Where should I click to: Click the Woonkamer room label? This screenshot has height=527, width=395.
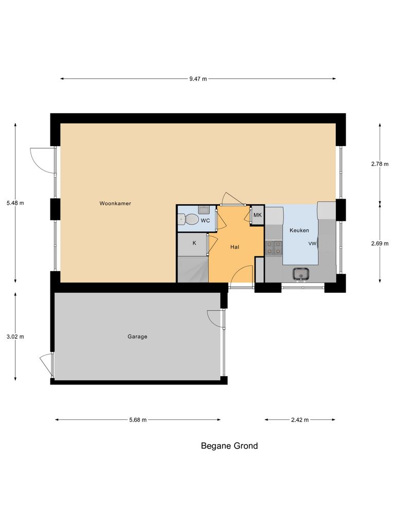pyautogui.click(x=115, y=203)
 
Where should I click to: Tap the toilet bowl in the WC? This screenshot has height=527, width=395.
pyautogui.click(x=189, y=220)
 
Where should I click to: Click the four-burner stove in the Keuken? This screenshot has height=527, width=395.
pyautogui.click(x=274, y=248)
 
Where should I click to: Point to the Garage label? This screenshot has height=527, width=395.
pyautogui.click(x=137, y=337)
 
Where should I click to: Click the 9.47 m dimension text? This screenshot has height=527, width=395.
pyautogui.click(x=197, y=79)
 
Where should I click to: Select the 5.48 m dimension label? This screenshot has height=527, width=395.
pyautogui.click(x=15, y=203)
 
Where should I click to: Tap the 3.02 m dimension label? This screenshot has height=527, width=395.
pyautogui.click(x=15, y=337)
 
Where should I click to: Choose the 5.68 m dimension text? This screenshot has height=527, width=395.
pyautogui.click(x=137, y=420)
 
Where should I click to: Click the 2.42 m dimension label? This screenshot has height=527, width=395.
pyautogui.click(x=299, y=420)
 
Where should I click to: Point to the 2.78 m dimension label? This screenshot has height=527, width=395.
pyautogui.click(x=380, y=164)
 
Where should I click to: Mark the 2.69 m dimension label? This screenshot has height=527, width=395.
pyautogui.click(x=380, y=244)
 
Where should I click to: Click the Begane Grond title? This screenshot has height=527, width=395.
pyautogui.click(x=229, y=446)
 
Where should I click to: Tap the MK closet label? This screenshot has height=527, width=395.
pyautogui.click(x=258, y=215)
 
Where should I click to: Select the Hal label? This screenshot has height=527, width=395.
pyautogui.click(x=235, y=247)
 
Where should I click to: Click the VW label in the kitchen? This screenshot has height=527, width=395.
pyautogui.click(x=312, y=243)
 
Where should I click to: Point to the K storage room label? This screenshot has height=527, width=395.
pyautogui.click(x=194, y=243)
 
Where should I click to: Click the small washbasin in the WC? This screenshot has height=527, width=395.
pyautogui.click(x=203, y=209)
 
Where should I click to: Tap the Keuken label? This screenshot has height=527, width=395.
pyautogui.click(x=299, y=230)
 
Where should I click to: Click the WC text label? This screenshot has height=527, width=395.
pyautogui.click(x=205, y=220)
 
